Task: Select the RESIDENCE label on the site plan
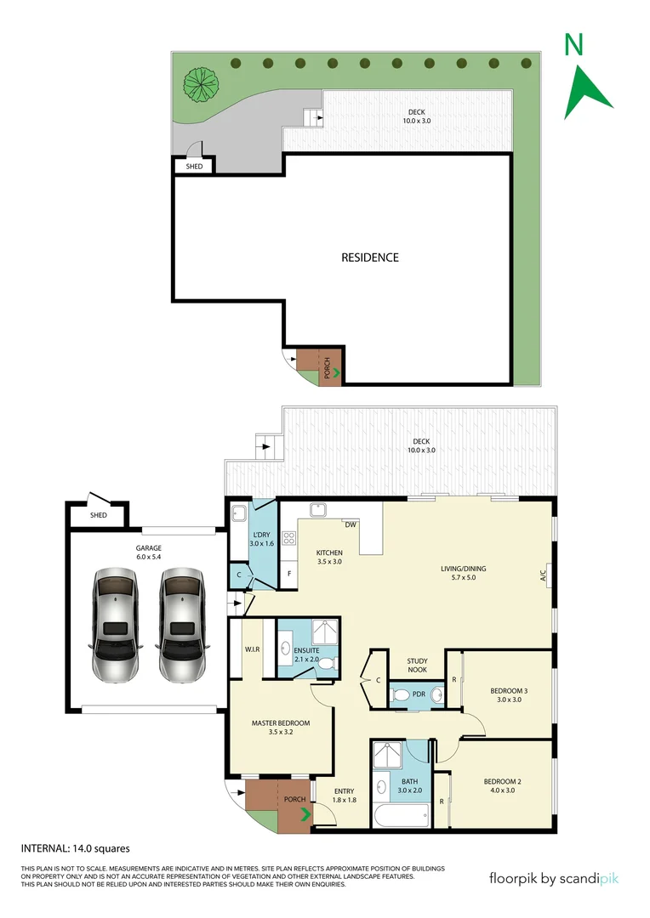click(x=370, y=258)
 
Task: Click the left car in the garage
click(x=115, y=625)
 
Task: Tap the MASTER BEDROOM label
click(x=280, y=728)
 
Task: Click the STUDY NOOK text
click(x=417, y=666)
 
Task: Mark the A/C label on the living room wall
click(x=544, y=575)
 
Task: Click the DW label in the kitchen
click(x=351, y=524)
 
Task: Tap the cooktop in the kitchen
click(x=288, y=538)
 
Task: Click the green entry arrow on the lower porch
click(x=305, y=814)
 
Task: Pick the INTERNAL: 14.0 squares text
click(x=75, y=847)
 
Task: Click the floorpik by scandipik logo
click(x=553, y=878)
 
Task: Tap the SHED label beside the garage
click(x=99, y=515)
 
